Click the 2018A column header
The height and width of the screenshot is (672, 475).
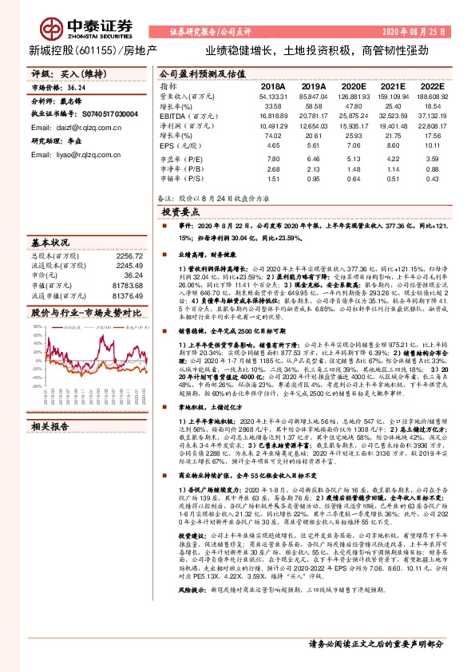tap(272, 86)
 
